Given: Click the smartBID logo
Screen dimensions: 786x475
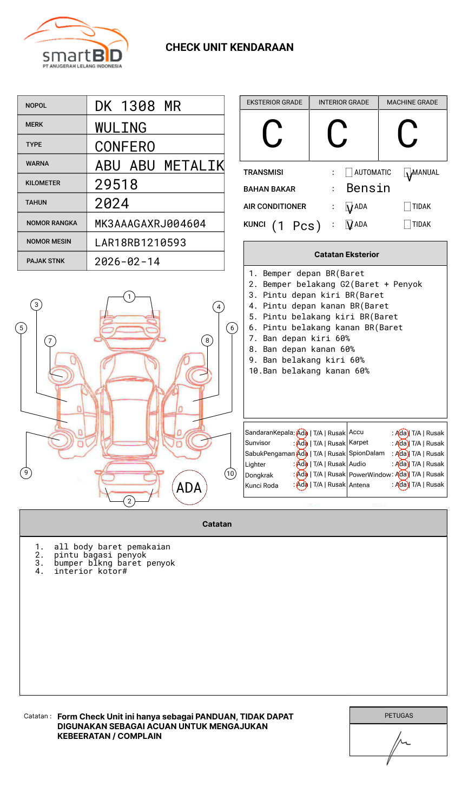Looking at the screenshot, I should click(x=76, y=43).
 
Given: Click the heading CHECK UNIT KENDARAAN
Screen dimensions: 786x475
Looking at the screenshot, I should click(x=229, y=48).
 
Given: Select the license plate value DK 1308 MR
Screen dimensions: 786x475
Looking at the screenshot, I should click(x=138, y=106).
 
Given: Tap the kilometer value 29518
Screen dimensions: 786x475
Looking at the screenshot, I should click(x=116, y=185).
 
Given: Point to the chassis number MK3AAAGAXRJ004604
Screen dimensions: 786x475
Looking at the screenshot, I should click(x=150, y=224).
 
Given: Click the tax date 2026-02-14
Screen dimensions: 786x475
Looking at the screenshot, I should click(x=127, y=261).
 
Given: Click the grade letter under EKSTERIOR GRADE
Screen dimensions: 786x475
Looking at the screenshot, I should click(x=272, y=134).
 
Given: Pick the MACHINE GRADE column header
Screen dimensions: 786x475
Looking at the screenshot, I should click(x=412, y=102).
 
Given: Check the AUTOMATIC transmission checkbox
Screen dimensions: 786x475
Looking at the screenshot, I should click(x=349, y=173).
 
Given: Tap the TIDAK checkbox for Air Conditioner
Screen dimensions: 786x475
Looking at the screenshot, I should click(x=407, y=207).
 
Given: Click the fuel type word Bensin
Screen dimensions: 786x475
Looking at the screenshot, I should click(x=368, y=188).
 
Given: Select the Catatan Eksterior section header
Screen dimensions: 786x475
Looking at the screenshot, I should click(x=346, y=254).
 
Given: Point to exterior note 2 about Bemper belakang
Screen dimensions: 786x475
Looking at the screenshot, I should click(x=335, y=284).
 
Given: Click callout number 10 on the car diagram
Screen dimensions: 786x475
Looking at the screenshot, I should click(x=230, y=474).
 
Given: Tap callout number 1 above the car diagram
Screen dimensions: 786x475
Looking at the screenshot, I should click(x=129, y=297).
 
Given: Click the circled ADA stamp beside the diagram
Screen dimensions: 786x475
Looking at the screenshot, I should click(x=189, y=488).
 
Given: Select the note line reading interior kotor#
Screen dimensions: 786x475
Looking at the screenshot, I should click(x=90, y=571).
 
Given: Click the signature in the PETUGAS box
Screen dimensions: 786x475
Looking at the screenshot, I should click(x=398, y=744).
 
